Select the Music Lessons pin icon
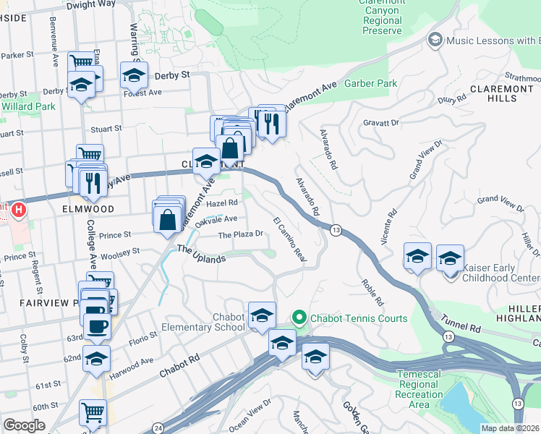point(435,40)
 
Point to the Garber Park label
point(371,84)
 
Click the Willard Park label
point(27,106)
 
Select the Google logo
point(24,425)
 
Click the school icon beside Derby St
point(134,74)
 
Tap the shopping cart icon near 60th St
point(93,412)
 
